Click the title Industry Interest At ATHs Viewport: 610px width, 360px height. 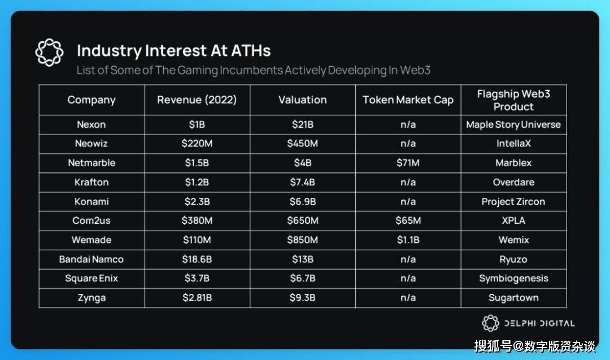coord(173,51)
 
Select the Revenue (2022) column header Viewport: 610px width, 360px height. coord(197,100)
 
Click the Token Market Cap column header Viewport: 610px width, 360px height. coord(408,100)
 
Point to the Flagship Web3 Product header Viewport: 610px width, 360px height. coord(513,100)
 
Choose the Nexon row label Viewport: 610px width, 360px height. coord(91,124)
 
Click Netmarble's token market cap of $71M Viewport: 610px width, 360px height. coord(408,163)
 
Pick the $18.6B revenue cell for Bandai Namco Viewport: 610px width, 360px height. coord(197,259)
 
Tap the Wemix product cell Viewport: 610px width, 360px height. coord(513,240)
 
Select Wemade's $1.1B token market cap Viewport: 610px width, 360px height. coord(408,240)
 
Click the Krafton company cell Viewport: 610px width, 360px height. coord(91,182)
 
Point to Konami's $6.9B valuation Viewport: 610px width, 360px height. coord(303,202)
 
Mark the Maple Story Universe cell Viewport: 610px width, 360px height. coord(513,124)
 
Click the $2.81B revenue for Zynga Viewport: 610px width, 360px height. coord(197,298)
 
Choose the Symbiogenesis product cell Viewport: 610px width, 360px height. coord(513,279)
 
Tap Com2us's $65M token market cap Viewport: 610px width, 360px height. coord(408,220)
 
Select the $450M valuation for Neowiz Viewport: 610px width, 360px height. coord(303,144)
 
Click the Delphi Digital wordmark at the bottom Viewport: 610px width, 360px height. coord(539,323)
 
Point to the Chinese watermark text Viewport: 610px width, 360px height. coord(534,346)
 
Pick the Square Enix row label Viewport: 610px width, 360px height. coord(91,279)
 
